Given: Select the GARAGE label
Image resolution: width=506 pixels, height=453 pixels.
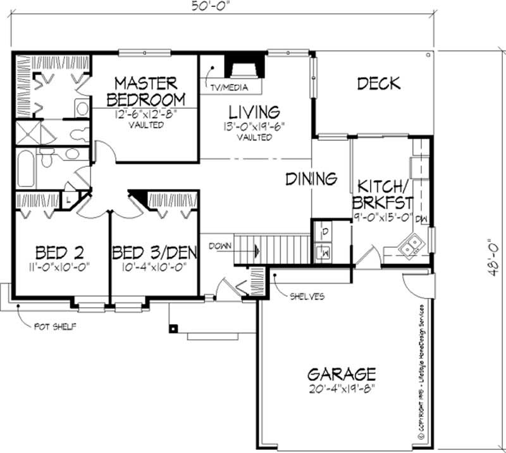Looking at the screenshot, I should [342, 373].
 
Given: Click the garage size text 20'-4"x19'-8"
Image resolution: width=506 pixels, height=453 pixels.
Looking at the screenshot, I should [342, 387].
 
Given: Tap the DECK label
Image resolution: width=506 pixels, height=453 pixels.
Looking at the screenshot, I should [378, 83].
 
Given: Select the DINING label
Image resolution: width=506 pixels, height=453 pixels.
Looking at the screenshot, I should [311, 179].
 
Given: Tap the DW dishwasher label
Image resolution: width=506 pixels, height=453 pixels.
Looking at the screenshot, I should [423, 219].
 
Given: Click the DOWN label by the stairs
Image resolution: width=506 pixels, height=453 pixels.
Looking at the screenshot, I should [220, 246].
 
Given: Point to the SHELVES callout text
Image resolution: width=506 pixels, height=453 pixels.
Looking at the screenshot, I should [308, 296].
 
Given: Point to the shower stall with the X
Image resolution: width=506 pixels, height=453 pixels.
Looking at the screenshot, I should [27, 133].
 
